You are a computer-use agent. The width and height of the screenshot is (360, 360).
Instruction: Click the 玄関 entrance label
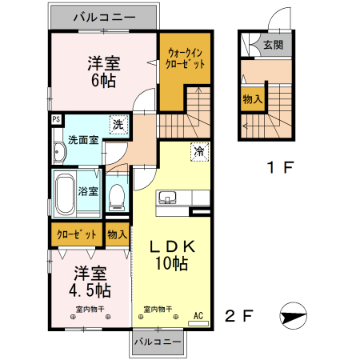273,46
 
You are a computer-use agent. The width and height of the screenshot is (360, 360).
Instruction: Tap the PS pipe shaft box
56,121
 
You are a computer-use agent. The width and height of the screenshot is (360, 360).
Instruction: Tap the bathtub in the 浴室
66,194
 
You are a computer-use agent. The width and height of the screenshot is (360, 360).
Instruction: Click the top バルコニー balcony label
104,16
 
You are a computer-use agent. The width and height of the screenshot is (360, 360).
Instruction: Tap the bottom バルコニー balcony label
158,341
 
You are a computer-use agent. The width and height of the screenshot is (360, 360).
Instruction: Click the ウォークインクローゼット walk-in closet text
185,58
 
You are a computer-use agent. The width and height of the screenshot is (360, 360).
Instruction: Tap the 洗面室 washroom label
82,140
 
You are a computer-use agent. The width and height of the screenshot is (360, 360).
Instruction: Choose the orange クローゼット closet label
76,234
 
